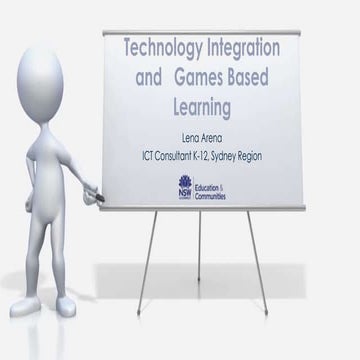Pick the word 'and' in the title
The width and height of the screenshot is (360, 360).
point(143,75)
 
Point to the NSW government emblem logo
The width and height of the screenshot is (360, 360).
point(186,186)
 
